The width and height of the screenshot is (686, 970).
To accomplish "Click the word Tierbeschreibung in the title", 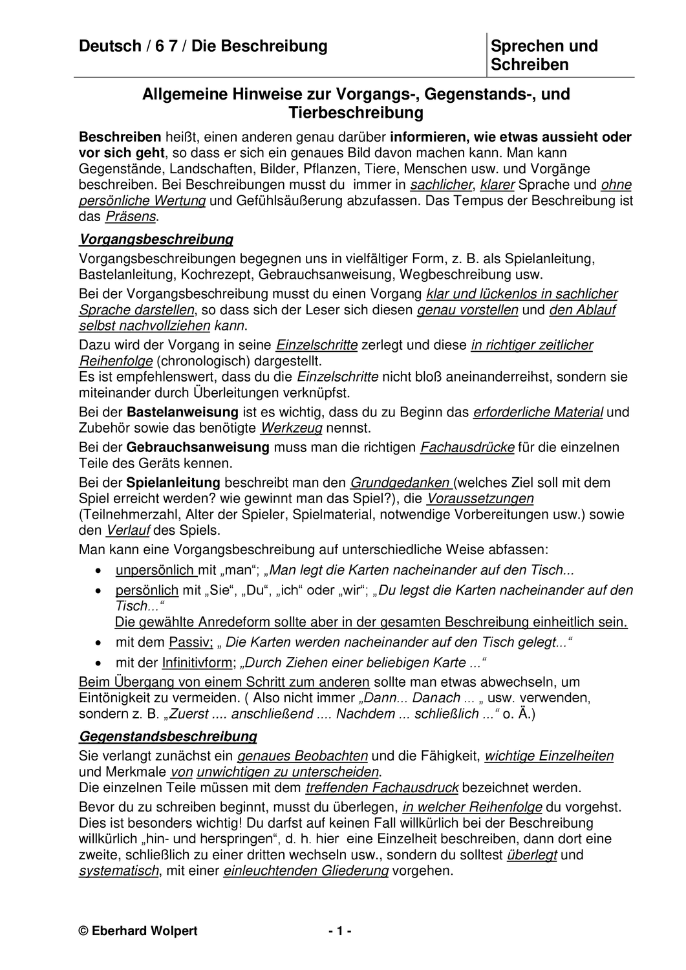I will (356, 113).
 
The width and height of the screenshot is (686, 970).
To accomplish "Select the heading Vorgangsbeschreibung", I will (156, 239).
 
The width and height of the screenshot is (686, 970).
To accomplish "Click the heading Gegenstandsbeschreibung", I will (167, 736).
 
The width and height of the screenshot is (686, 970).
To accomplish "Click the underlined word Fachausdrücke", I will (467, 447).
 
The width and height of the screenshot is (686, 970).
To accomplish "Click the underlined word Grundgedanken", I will (400, 482).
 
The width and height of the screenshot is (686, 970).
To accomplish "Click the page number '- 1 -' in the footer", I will (339, 931).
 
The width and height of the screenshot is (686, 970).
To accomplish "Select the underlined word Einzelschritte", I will (317, 345).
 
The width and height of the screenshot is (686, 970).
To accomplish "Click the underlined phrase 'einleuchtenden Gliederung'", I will (306, 870).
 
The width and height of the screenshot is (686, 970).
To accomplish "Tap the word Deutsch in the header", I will (110, 46).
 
